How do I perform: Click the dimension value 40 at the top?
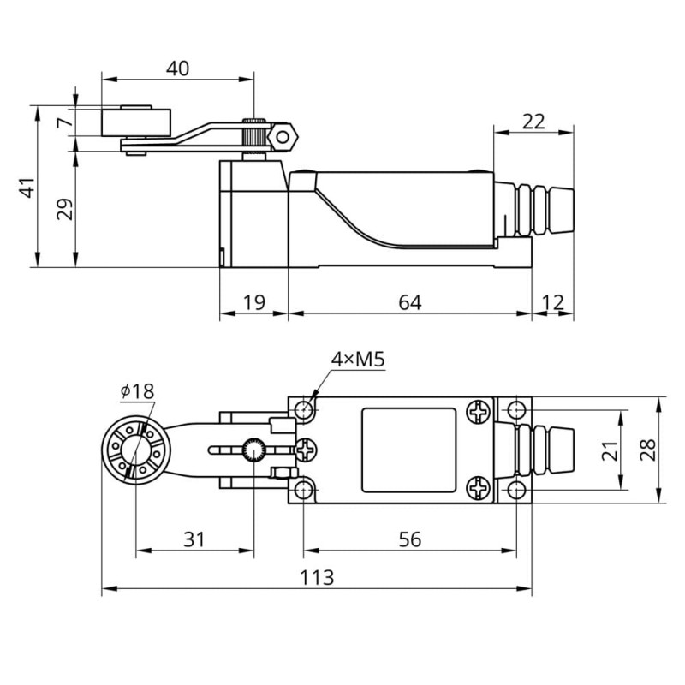[x=177, y=68]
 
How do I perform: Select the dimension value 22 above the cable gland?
[x=533, y=121]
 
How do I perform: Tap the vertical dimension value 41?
[x=28, y=187]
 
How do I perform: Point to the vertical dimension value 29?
[x=65, y=209]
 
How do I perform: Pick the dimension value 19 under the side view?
[x=253, y=302]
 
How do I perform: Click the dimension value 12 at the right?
[x=553, y=302]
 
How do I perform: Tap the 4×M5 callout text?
[x=358, y=360]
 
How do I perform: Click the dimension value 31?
[x=194, y=539]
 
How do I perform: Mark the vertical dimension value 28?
[x=647, y=449]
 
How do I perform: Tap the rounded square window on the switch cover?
[x=408, y=450]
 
